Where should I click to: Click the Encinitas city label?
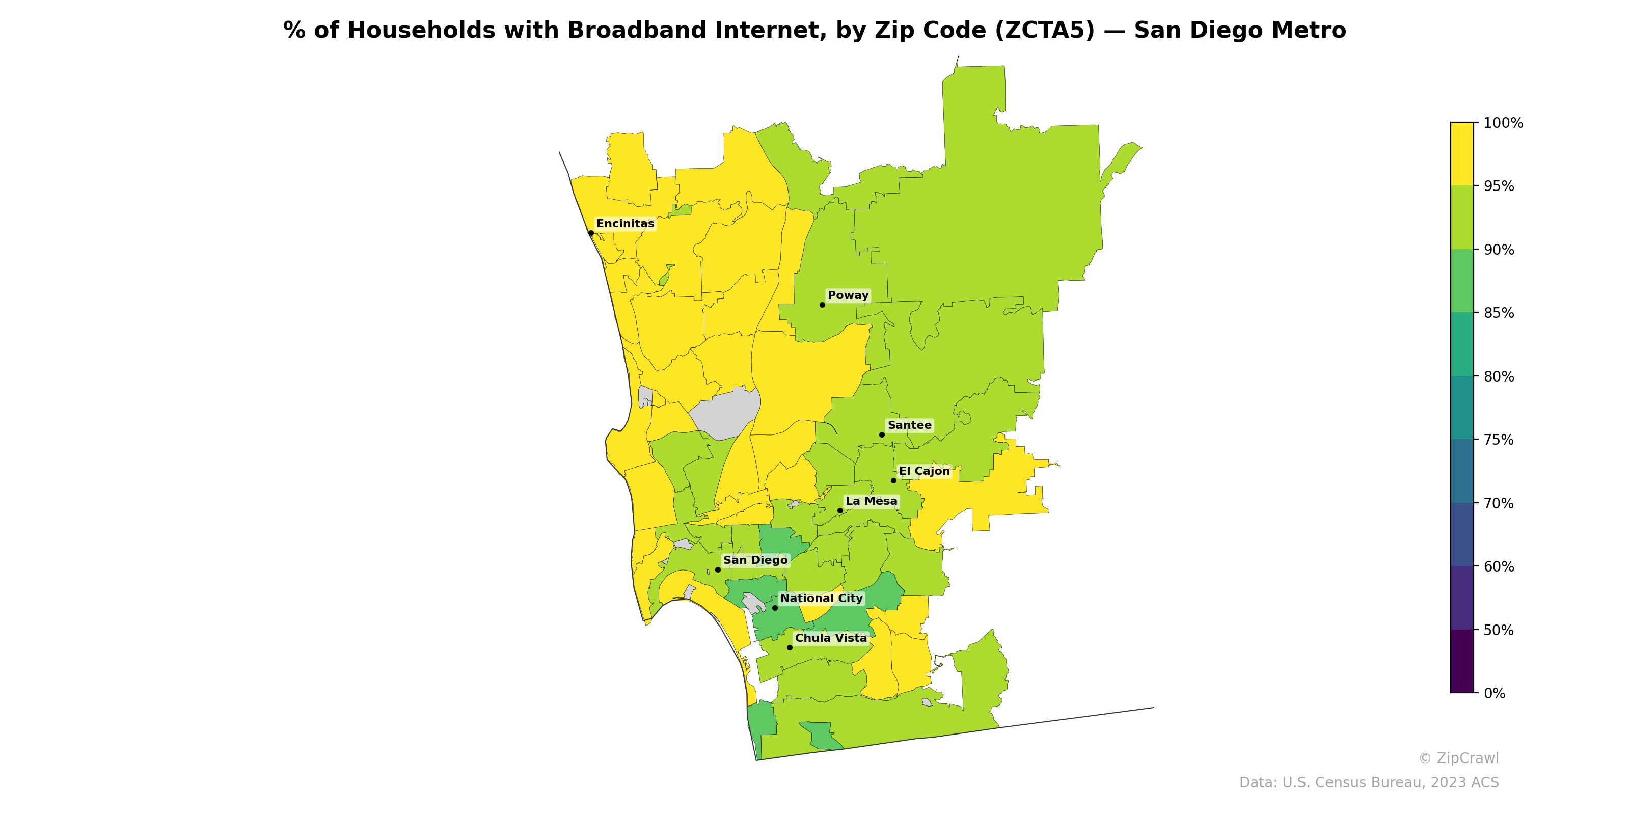625,224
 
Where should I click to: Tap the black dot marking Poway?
822,305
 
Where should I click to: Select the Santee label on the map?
909,425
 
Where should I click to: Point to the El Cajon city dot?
893,481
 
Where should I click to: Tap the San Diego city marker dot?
718,569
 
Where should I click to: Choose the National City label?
821,599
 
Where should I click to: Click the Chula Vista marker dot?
790,648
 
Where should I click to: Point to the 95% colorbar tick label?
1499,186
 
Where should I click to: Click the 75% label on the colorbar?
1499,440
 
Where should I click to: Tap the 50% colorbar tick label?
1499,630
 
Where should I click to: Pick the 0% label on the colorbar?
1494,693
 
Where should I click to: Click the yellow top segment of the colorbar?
1462,154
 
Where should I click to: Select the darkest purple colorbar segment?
1462,661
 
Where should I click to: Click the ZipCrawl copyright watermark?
1458,758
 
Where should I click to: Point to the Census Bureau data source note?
1369,783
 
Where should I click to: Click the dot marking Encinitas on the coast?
591,233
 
